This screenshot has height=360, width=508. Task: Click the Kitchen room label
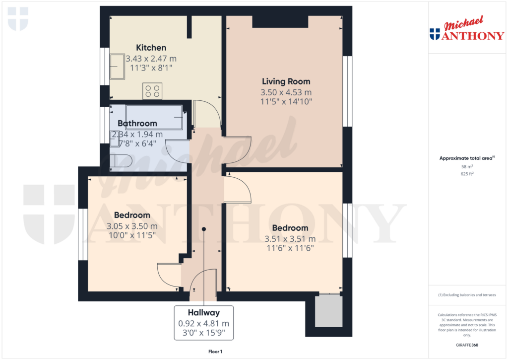[x=151, y=48]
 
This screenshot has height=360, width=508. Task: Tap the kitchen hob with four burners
[x=152, y=90]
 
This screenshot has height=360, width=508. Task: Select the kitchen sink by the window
[x=118, y=67]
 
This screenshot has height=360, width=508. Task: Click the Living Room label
[x=286, y=81]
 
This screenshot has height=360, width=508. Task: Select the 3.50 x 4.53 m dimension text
[x=286, y=92]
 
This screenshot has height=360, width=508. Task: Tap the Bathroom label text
[x=137, y=123]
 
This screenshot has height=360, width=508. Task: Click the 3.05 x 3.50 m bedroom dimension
[x=132, y=226]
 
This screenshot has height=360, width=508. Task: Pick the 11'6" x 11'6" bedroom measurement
[x=290, y=248]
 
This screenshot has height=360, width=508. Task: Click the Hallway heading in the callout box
[x=203, y=313]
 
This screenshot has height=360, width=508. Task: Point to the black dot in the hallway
[x=204, y=229]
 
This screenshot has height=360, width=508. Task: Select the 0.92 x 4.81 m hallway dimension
[x=203, y=323]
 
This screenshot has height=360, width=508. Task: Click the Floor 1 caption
[x=215, y=352]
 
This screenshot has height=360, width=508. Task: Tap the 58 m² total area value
[x=466, y=167]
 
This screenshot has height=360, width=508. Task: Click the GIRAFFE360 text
[x=467, y=345]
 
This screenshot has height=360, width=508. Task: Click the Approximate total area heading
[x=466, y=158]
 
